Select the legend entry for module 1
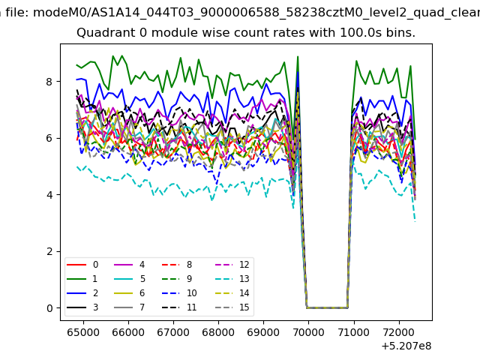[x=82, y=279]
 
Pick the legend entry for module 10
[x=179, y=293]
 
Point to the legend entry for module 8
[x=177, y=265]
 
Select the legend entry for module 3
[x=82, y=307]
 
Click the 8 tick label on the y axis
[x=49, y=82]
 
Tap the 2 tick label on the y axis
[x=49, y=252]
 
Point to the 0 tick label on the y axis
[x=49, y=308]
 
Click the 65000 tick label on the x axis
[x=83, y=332]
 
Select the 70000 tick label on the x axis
[x=308, y=332]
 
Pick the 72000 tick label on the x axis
[x=399, y=332]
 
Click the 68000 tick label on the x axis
[x=218, y=332]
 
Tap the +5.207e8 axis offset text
[x=406, y=346]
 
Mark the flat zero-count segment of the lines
[x=327, y=307]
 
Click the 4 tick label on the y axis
[x=49, y=195]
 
